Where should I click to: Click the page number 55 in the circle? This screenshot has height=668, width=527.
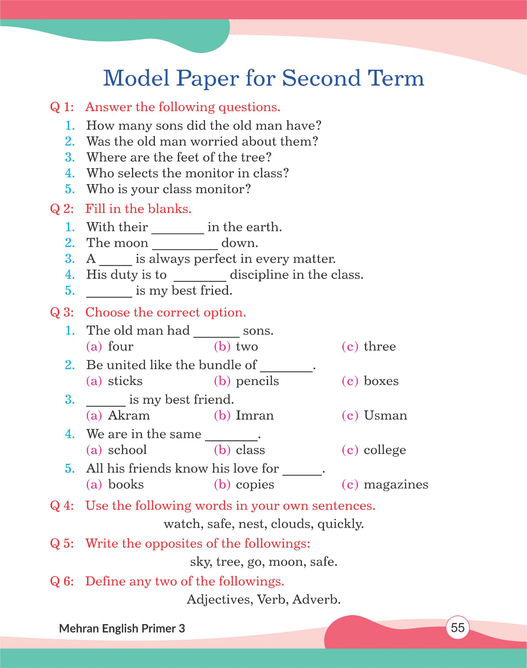point(458,628)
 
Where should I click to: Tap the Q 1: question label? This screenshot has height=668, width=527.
point(62,107)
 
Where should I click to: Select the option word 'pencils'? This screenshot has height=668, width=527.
point(257,381)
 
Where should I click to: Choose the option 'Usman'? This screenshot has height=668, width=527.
point(385,416)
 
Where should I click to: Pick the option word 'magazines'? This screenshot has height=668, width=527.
point(396,485)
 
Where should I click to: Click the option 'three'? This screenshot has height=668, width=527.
point(380,347)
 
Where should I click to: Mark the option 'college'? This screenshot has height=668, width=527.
point(385,450)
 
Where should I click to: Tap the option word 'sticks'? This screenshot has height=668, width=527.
point(125,381)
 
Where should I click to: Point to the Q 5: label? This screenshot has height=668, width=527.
point(62,544)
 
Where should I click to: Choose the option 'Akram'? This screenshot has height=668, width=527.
point(129,416)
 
